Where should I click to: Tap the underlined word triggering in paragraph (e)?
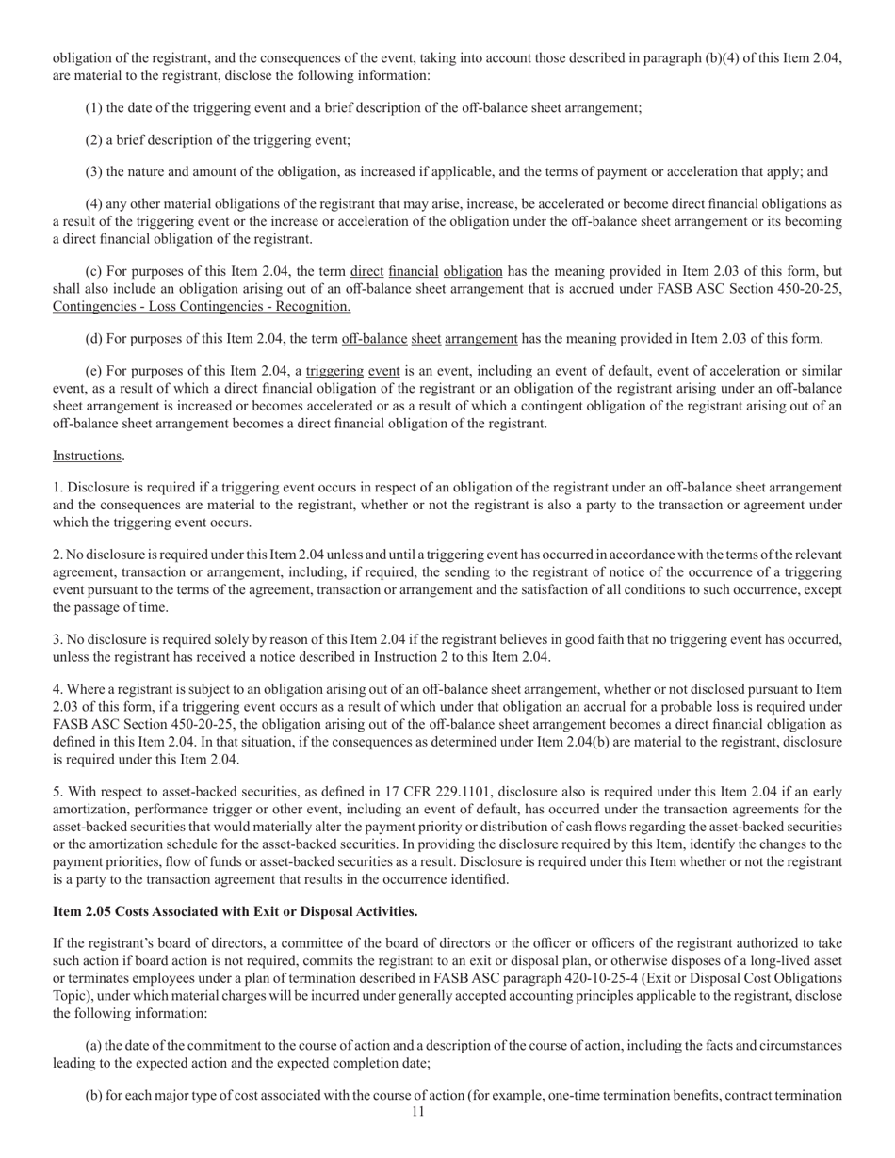tap(334, 371)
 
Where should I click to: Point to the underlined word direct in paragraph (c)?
tap(366, 273)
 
